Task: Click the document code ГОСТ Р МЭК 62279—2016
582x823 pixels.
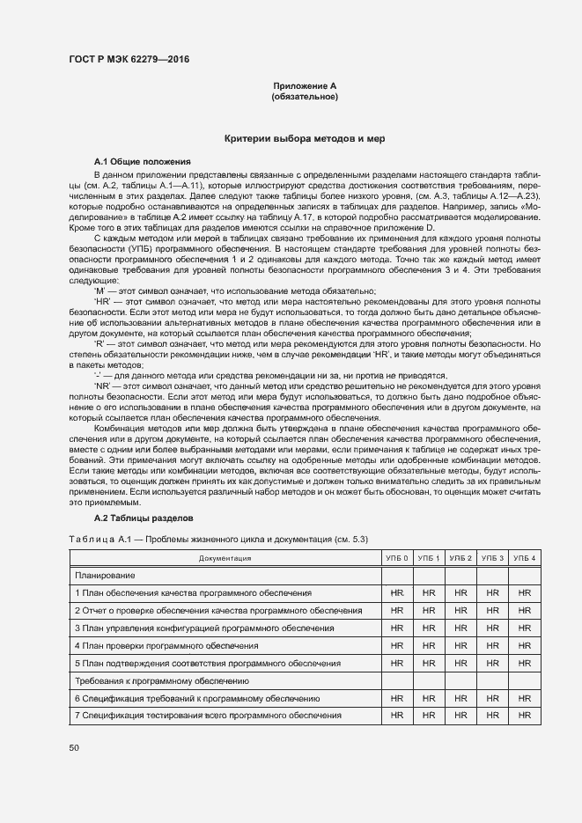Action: [129, 60]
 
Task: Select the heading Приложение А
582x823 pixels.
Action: [305, 85]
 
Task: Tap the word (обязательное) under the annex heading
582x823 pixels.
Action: [305, 96]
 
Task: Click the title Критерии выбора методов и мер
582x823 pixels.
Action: [305, 139]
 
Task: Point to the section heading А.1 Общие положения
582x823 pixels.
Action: [143, 162]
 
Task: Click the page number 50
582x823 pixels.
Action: [73, 748]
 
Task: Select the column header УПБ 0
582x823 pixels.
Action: [397, 558]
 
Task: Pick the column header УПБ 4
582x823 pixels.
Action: [525, 558]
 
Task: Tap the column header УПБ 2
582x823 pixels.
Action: [460, 558]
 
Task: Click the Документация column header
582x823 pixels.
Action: [225, 558]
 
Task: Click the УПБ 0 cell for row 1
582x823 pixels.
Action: [397, 593]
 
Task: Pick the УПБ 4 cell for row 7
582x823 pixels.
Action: [525, 716]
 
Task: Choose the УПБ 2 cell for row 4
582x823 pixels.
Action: [460, 646]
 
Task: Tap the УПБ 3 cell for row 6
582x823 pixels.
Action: [493, 698]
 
